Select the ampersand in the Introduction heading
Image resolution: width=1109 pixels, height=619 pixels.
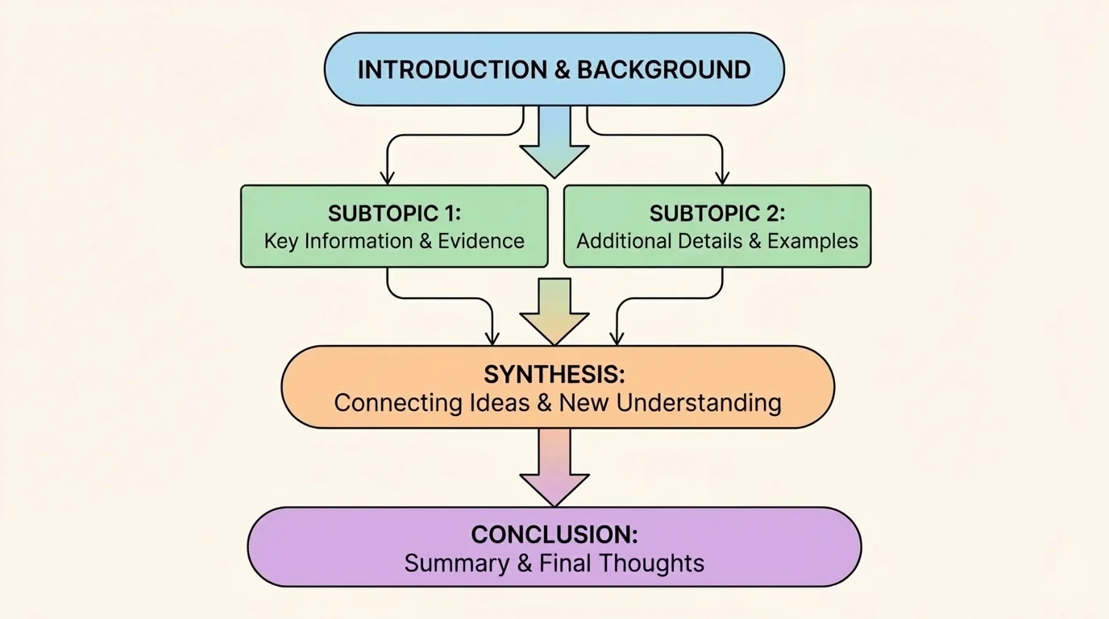coord(563,70)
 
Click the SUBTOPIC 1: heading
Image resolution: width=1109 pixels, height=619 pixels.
coord(394,214)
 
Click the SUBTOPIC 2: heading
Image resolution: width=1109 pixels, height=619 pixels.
coord(716,214)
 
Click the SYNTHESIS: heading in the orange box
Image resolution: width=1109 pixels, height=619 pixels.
coord(554,375)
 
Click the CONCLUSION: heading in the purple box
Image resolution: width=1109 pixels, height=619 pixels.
coord(554,535)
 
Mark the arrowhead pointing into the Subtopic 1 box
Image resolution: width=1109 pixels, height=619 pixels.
coord(388,177)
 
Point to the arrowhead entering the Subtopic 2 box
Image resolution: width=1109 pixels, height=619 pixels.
coord(722,177)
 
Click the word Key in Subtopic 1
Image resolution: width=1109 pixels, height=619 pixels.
coord(281,241)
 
